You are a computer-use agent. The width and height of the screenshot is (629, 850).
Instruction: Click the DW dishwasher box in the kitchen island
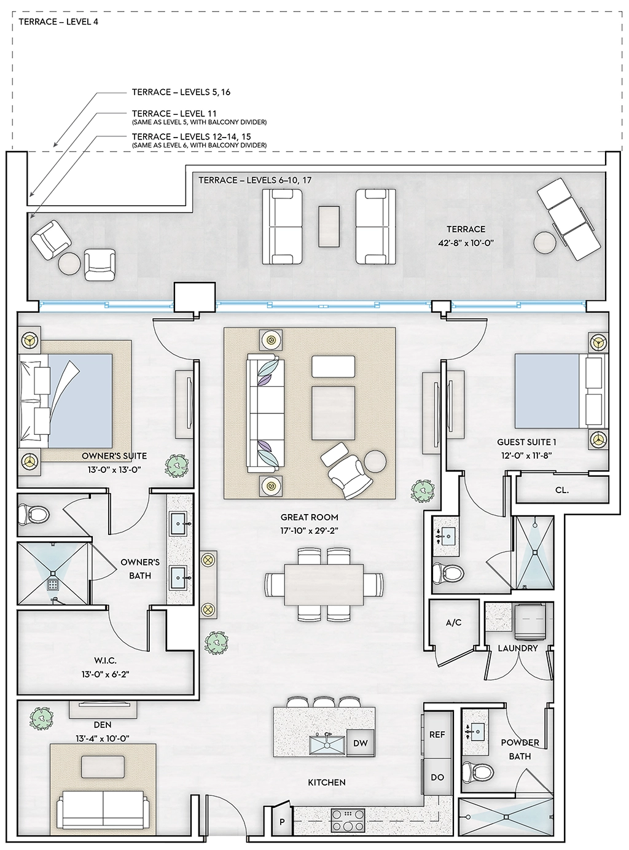point(360,743)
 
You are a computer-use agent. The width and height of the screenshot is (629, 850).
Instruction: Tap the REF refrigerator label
point(437,735)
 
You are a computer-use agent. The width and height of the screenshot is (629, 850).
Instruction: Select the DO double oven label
point(437,777)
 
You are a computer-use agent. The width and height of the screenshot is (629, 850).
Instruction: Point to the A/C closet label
point(453,622)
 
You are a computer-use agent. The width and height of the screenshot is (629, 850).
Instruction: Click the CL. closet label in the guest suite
point(561,490)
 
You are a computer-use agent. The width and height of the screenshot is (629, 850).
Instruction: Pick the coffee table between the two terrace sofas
point(329,226)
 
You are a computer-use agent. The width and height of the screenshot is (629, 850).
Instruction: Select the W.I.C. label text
point(106,660)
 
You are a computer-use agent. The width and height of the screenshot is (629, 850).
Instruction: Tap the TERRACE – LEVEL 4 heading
point(58,21)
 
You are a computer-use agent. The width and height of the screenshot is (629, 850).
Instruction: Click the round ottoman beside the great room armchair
point(375,461)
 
